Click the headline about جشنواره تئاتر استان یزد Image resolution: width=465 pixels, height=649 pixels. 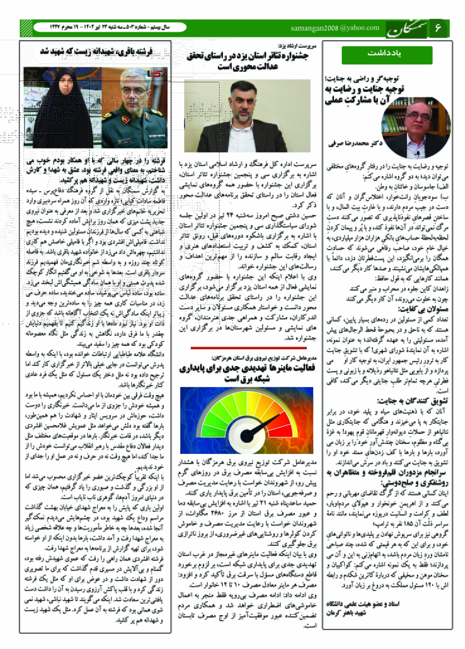(248, 61)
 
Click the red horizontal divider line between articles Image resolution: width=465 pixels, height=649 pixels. (248, 348)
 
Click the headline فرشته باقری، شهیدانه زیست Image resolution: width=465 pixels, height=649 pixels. (97, 52)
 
